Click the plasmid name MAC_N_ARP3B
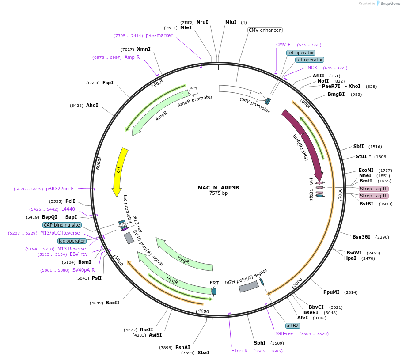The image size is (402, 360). coord(218,187)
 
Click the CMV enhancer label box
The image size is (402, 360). coord(265,30)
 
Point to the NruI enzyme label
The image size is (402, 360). coord(202,22)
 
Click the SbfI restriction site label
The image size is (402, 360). coord(358,146)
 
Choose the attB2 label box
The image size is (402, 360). coord(293,326)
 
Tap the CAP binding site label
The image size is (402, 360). coord(62,225)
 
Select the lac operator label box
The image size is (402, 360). coord(72,241)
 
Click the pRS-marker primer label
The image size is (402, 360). coord(159,36)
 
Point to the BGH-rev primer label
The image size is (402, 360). coord(284,333)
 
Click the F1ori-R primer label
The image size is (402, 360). coord(239,351)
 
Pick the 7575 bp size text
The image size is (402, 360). coord(218,193)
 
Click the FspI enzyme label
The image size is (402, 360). coord(108,83)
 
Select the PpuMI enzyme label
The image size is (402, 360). coord(331,292)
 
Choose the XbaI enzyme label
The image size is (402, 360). coord(203,352)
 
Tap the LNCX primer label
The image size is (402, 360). coord(311,68)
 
